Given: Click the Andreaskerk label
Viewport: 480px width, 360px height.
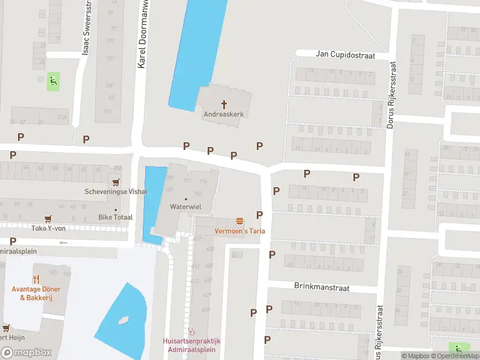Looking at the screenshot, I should [226, 113].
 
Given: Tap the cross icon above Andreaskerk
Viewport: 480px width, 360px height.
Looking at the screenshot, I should [226, 103].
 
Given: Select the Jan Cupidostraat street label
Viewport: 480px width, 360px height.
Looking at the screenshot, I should [345, 55].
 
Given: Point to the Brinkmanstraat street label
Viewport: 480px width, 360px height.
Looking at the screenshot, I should [322, 287].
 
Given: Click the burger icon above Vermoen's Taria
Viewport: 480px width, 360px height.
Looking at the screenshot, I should [239, 221].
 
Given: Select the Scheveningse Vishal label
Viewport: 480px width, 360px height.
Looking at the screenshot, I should [115, 192].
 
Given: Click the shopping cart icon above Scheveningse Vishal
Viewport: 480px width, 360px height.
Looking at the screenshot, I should [115, 182].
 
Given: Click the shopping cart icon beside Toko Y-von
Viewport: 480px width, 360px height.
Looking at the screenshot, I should [47, 219].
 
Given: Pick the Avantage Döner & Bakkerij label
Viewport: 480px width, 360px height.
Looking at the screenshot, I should [36, 293].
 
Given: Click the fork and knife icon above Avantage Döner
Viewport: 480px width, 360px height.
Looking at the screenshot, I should [36, 279].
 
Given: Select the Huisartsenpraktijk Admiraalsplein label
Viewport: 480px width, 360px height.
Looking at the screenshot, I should [192, 345].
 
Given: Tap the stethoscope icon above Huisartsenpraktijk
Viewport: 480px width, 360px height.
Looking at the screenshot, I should [192, 331].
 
